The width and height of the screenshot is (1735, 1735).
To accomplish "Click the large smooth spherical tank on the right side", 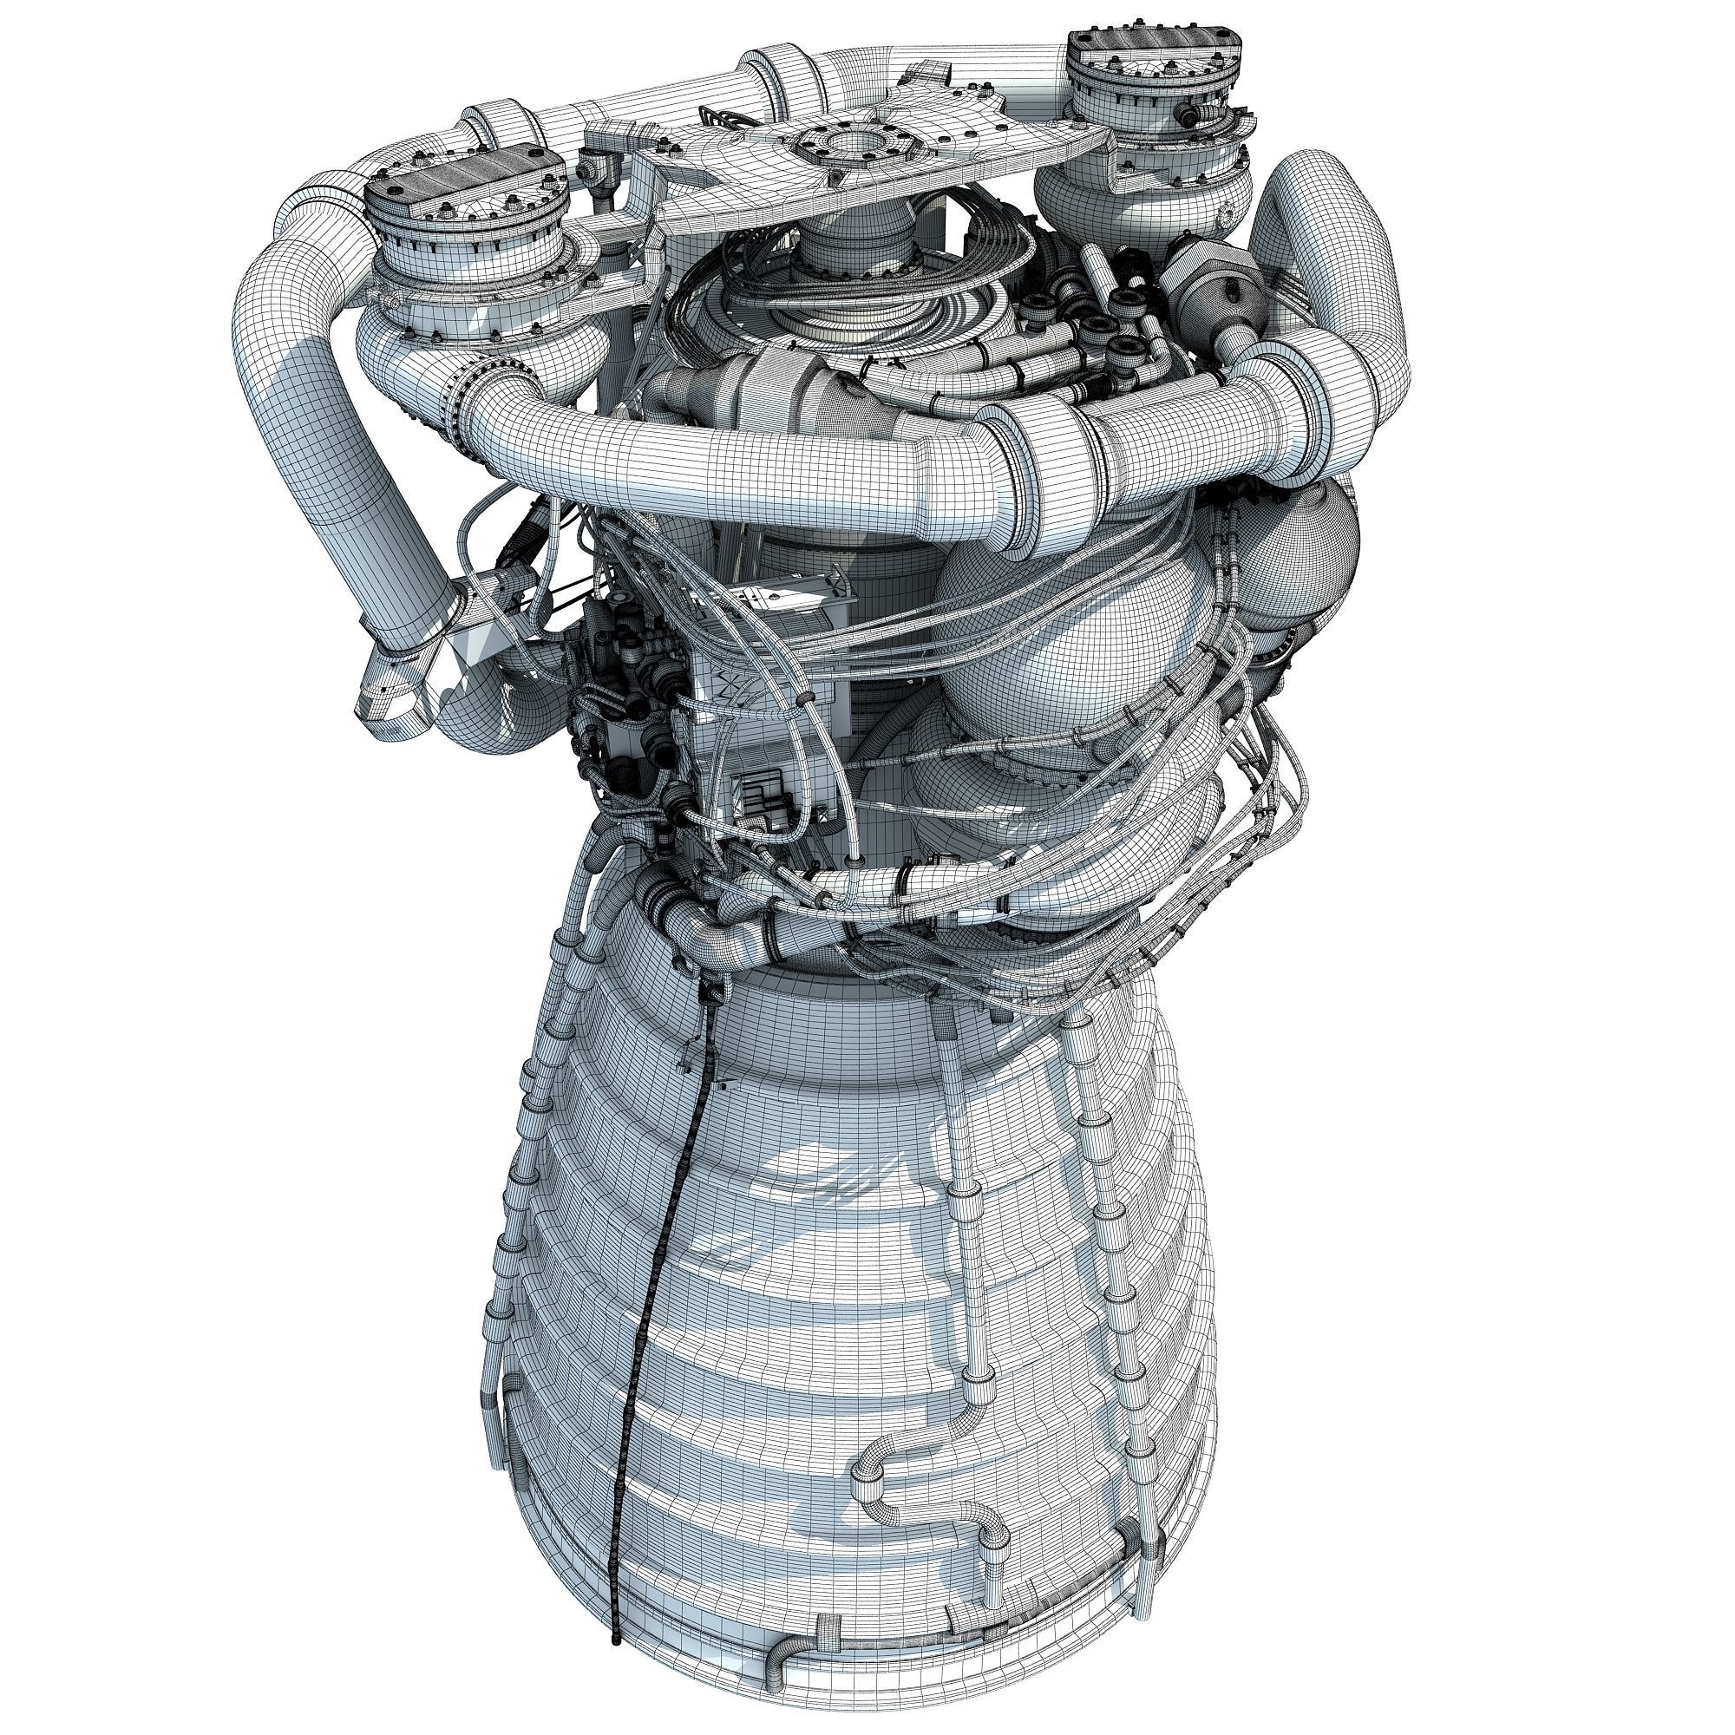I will pyautogui.click(x=1069, y=629).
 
